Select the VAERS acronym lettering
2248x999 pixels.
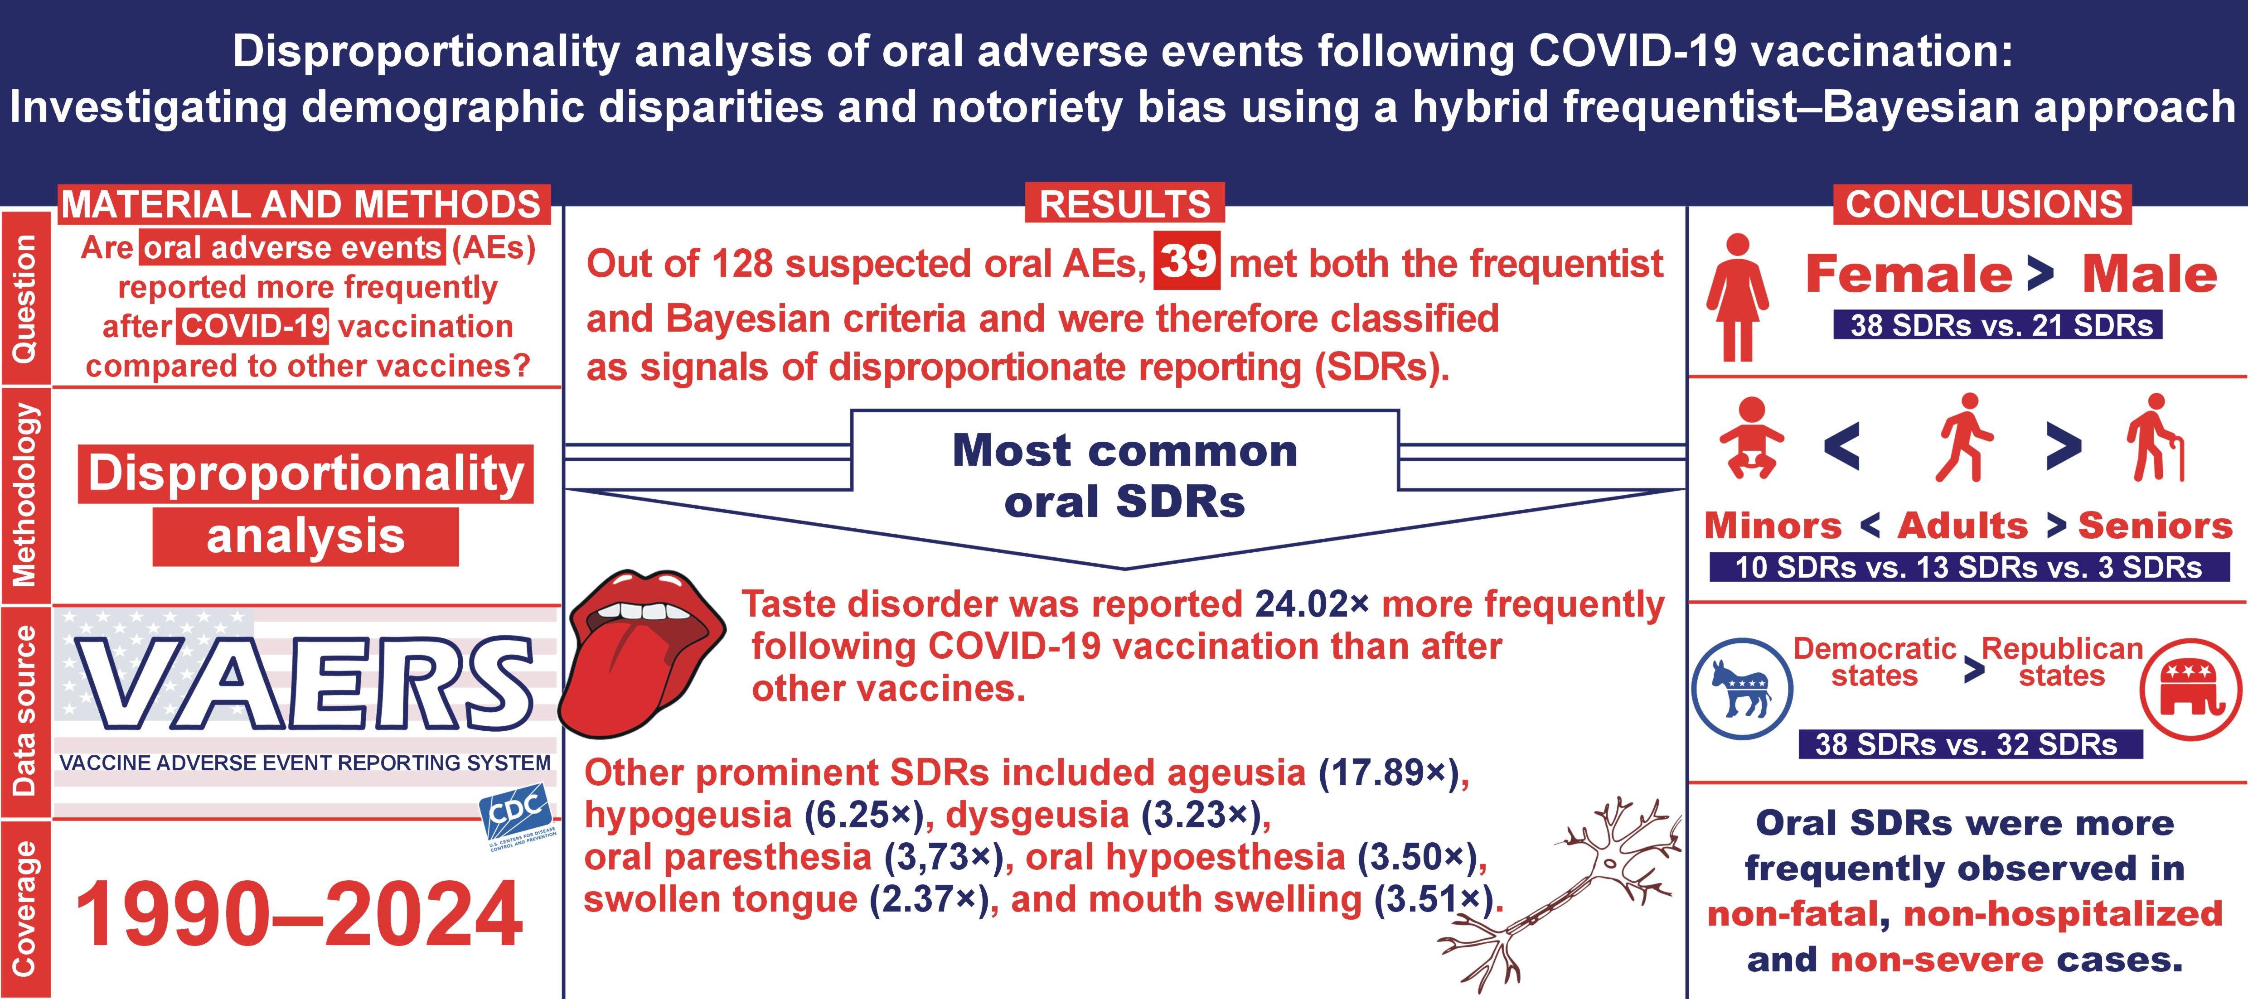click(x=305, y=685)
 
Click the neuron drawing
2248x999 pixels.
click(x=1562, y=890)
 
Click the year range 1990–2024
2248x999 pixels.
click(x=299, y=914)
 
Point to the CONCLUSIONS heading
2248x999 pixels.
click(x=1984, y=204)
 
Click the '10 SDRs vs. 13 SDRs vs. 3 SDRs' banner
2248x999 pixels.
click(x=1968, y=567)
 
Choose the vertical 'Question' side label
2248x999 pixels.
click(x=24, y=299)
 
